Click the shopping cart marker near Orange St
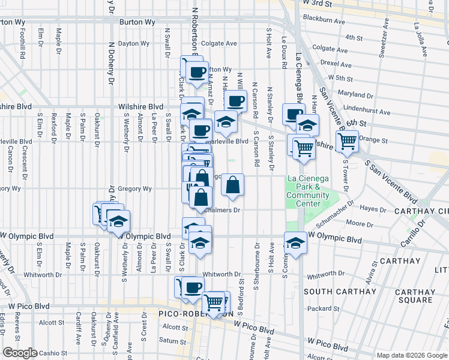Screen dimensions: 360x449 [x=347, y=142]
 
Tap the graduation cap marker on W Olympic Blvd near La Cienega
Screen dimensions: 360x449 [x=295, y=242]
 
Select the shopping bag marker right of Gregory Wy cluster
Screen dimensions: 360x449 [x=232, y=185]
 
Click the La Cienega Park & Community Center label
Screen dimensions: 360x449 [x=307, y=191]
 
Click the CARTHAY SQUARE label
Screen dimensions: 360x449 [x=415, y=296]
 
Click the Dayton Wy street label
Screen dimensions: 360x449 [x=133, y=43]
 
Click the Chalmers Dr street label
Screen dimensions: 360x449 [x=222, y=210]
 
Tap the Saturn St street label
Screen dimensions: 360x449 [x=173, y=340]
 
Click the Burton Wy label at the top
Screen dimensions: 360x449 [x=137, y=22]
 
